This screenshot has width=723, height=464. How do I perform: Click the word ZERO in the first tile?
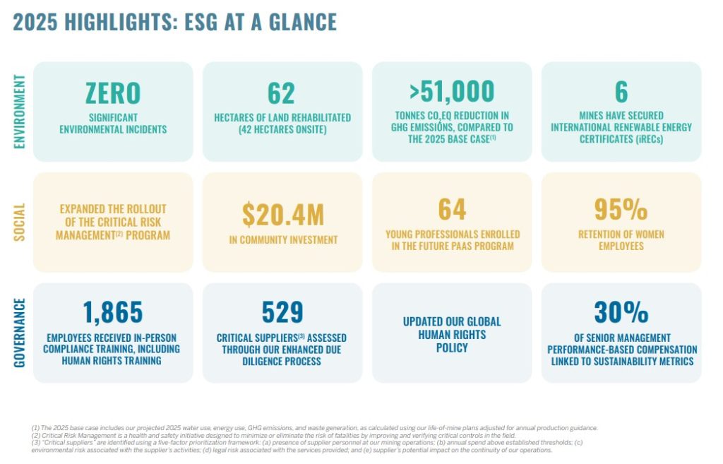click(x=113, y=93)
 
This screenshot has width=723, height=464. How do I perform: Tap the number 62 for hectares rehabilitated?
click(x=281, y=93)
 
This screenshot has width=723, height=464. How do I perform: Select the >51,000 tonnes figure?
click(x=452, y=91)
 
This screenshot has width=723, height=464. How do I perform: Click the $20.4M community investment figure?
click(x=283, y=215)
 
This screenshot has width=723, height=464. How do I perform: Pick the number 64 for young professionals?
click(x=452, y=209)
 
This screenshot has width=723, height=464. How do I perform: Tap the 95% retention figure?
click(x=621, y=209)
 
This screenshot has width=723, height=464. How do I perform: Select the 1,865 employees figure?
click(x=113, y=312)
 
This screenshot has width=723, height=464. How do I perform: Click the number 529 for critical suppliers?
click(x=282, y=312)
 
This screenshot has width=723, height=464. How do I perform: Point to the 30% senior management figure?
click(x=621, y=312)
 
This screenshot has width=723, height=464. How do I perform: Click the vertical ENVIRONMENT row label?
click(x=19, y=112)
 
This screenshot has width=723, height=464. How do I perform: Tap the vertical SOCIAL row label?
click(x=19, y=222)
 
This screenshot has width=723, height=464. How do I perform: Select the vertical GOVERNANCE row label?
click(x=19, y=333)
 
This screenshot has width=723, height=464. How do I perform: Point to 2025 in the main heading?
click(x=35, y=22)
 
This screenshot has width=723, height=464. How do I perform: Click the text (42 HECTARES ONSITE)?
click(x=282, y=130)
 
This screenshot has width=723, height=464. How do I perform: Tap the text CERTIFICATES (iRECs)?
click(x=621, y=139)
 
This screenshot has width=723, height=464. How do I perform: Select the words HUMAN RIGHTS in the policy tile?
click(x=452, y=335)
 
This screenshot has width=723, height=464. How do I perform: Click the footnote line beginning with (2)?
click(x=273, y=436)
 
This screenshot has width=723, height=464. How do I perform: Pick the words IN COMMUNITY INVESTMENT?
click(x=283, y=240)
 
